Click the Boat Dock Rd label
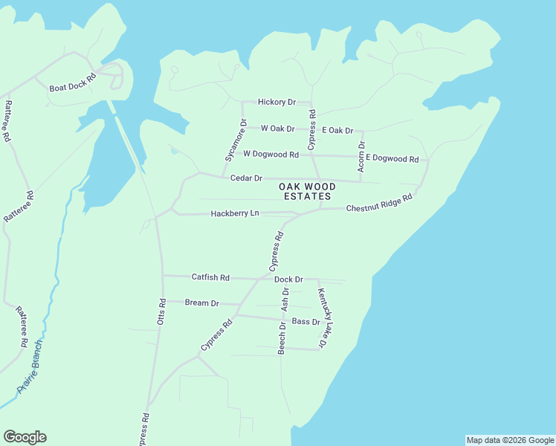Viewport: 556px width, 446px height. [x=73, y=83]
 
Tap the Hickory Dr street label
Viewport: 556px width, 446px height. [x=277, y=102]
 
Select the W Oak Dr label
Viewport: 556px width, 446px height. [x=277, y=129]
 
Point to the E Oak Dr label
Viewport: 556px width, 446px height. [x=337, y=130]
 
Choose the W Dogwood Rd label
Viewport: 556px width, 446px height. [x=271, y=155]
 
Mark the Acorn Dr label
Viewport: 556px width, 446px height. [x=361, y=157]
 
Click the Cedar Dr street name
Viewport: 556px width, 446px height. [x=246, y=178]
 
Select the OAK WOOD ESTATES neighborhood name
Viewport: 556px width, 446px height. [x=307, y=191]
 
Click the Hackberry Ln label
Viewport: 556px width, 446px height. [x=234, y=213]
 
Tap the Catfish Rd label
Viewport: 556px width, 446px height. [x=210, y=277]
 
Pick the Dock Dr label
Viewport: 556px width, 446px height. [x=288, y=279]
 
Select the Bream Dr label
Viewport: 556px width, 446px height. [x=201, y=303]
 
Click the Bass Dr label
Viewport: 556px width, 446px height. [x=306, y=322]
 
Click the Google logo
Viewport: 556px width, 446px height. [x=25, y=437]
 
